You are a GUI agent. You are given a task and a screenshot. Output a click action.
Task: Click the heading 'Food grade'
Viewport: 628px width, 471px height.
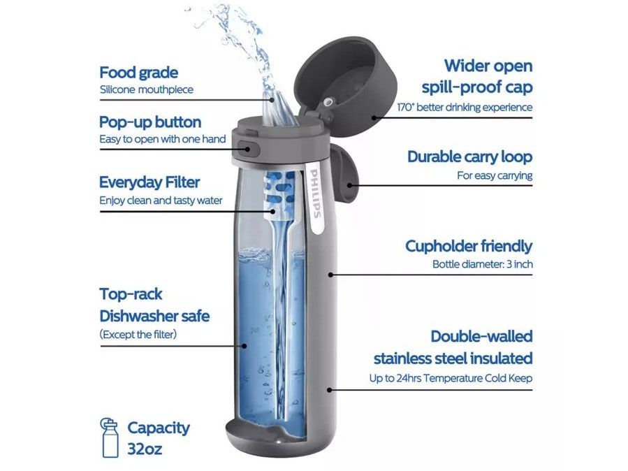click(x=138, y=73)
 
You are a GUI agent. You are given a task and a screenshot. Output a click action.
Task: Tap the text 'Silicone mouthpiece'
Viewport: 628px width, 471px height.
click(x=147, y=89)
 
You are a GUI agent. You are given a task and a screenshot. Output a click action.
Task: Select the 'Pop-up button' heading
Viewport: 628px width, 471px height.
click(x=150, y=122)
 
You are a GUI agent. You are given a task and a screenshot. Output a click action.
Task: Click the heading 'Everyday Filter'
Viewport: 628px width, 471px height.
click(x=149, y=182)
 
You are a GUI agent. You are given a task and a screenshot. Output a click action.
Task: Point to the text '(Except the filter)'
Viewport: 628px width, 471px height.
click(x=138, y=334)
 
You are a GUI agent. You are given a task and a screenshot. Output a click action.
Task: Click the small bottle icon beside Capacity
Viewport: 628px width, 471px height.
click(x=110, y=437)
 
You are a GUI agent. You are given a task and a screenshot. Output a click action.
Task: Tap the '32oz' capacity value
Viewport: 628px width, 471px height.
click(x=145, y=449)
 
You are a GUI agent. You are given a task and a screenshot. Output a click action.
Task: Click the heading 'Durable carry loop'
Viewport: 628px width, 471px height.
click(x=470, y=157)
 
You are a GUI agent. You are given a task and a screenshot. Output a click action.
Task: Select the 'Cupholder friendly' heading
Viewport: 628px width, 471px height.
click(x=469, y=246)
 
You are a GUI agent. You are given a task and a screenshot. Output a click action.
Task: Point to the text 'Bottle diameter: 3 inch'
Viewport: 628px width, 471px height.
click(x=483, y=264)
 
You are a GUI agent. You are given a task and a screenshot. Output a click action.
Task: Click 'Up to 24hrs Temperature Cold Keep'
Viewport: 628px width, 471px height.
click(x=451, y=378)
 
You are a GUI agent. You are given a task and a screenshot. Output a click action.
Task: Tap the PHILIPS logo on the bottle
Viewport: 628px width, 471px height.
click(x=316, y=194)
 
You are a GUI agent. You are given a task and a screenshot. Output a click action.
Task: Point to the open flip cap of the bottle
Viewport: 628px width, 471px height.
click(x=348, y=84)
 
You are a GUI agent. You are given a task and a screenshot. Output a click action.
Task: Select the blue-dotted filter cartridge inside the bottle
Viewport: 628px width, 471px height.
click(x=280, y=191)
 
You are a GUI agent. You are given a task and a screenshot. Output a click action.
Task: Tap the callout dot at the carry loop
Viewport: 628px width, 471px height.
click(x=350, y=185)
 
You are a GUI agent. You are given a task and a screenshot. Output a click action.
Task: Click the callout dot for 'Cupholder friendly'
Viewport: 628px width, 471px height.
click(x=331, y=275)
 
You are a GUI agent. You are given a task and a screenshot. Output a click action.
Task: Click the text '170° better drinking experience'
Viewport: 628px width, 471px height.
click(x=465, y=108)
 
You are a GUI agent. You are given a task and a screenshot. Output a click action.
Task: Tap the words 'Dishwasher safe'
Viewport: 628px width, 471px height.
click(x=154, y=317)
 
